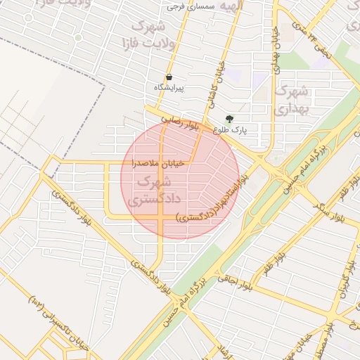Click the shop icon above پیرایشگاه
point(169,77)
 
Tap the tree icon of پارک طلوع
point(229,119)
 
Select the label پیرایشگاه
point(169,89)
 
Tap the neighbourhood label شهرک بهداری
point(291,100)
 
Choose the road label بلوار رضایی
point(179,123)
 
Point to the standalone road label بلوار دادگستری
point(150,278)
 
